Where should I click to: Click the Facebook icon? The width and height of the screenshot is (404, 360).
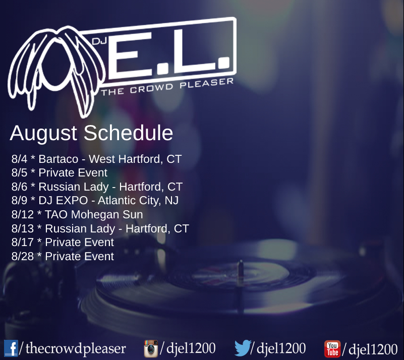11,348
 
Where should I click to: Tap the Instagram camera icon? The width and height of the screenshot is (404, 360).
151,348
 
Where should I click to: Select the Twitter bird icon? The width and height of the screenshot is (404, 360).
243,348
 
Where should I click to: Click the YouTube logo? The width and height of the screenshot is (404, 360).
332,349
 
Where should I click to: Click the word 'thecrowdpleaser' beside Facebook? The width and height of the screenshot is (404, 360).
76,349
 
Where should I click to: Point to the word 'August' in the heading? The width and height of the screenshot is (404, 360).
43,134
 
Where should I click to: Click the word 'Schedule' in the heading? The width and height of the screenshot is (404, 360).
128,133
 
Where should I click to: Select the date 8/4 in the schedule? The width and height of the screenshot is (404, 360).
19,159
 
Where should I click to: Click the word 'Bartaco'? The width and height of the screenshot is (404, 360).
58,159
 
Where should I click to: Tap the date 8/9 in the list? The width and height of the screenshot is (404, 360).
19,200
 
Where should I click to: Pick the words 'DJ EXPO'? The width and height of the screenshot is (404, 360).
63,200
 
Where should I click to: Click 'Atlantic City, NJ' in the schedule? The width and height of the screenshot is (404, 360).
138,201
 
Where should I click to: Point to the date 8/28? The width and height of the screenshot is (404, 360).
23,256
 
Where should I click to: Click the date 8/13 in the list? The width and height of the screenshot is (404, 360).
23,228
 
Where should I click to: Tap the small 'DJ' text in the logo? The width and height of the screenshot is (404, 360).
99,41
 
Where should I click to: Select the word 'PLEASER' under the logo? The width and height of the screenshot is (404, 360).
207,84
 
